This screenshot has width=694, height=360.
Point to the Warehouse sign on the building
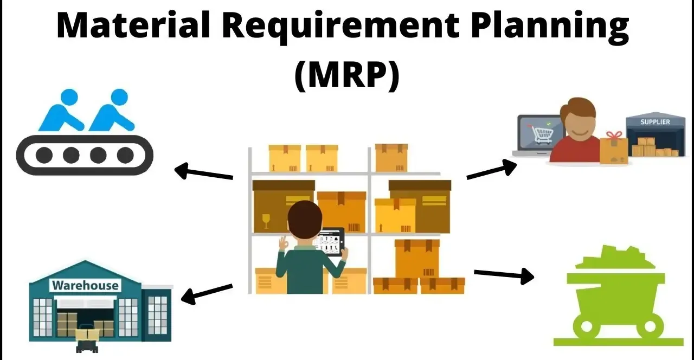pos(85,285)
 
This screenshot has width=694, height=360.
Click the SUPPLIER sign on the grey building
pos(655,122)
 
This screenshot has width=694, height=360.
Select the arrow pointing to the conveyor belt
pos(203,172)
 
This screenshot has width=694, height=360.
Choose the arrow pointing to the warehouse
pos(207,293)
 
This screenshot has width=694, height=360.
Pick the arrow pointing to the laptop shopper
pos(491,169)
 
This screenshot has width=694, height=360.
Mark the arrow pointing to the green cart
pos(504,274)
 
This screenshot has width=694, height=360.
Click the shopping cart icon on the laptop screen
pos(542,133)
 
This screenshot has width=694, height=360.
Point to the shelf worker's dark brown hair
pos(304,217)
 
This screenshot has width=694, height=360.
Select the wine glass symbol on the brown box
pos(266,221)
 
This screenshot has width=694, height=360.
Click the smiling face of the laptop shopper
pos(579,126)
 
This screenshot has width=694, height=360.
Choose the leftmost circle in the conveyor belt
pos(44,155)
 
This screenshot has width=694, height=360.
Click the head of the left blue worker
pos(69,97)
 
